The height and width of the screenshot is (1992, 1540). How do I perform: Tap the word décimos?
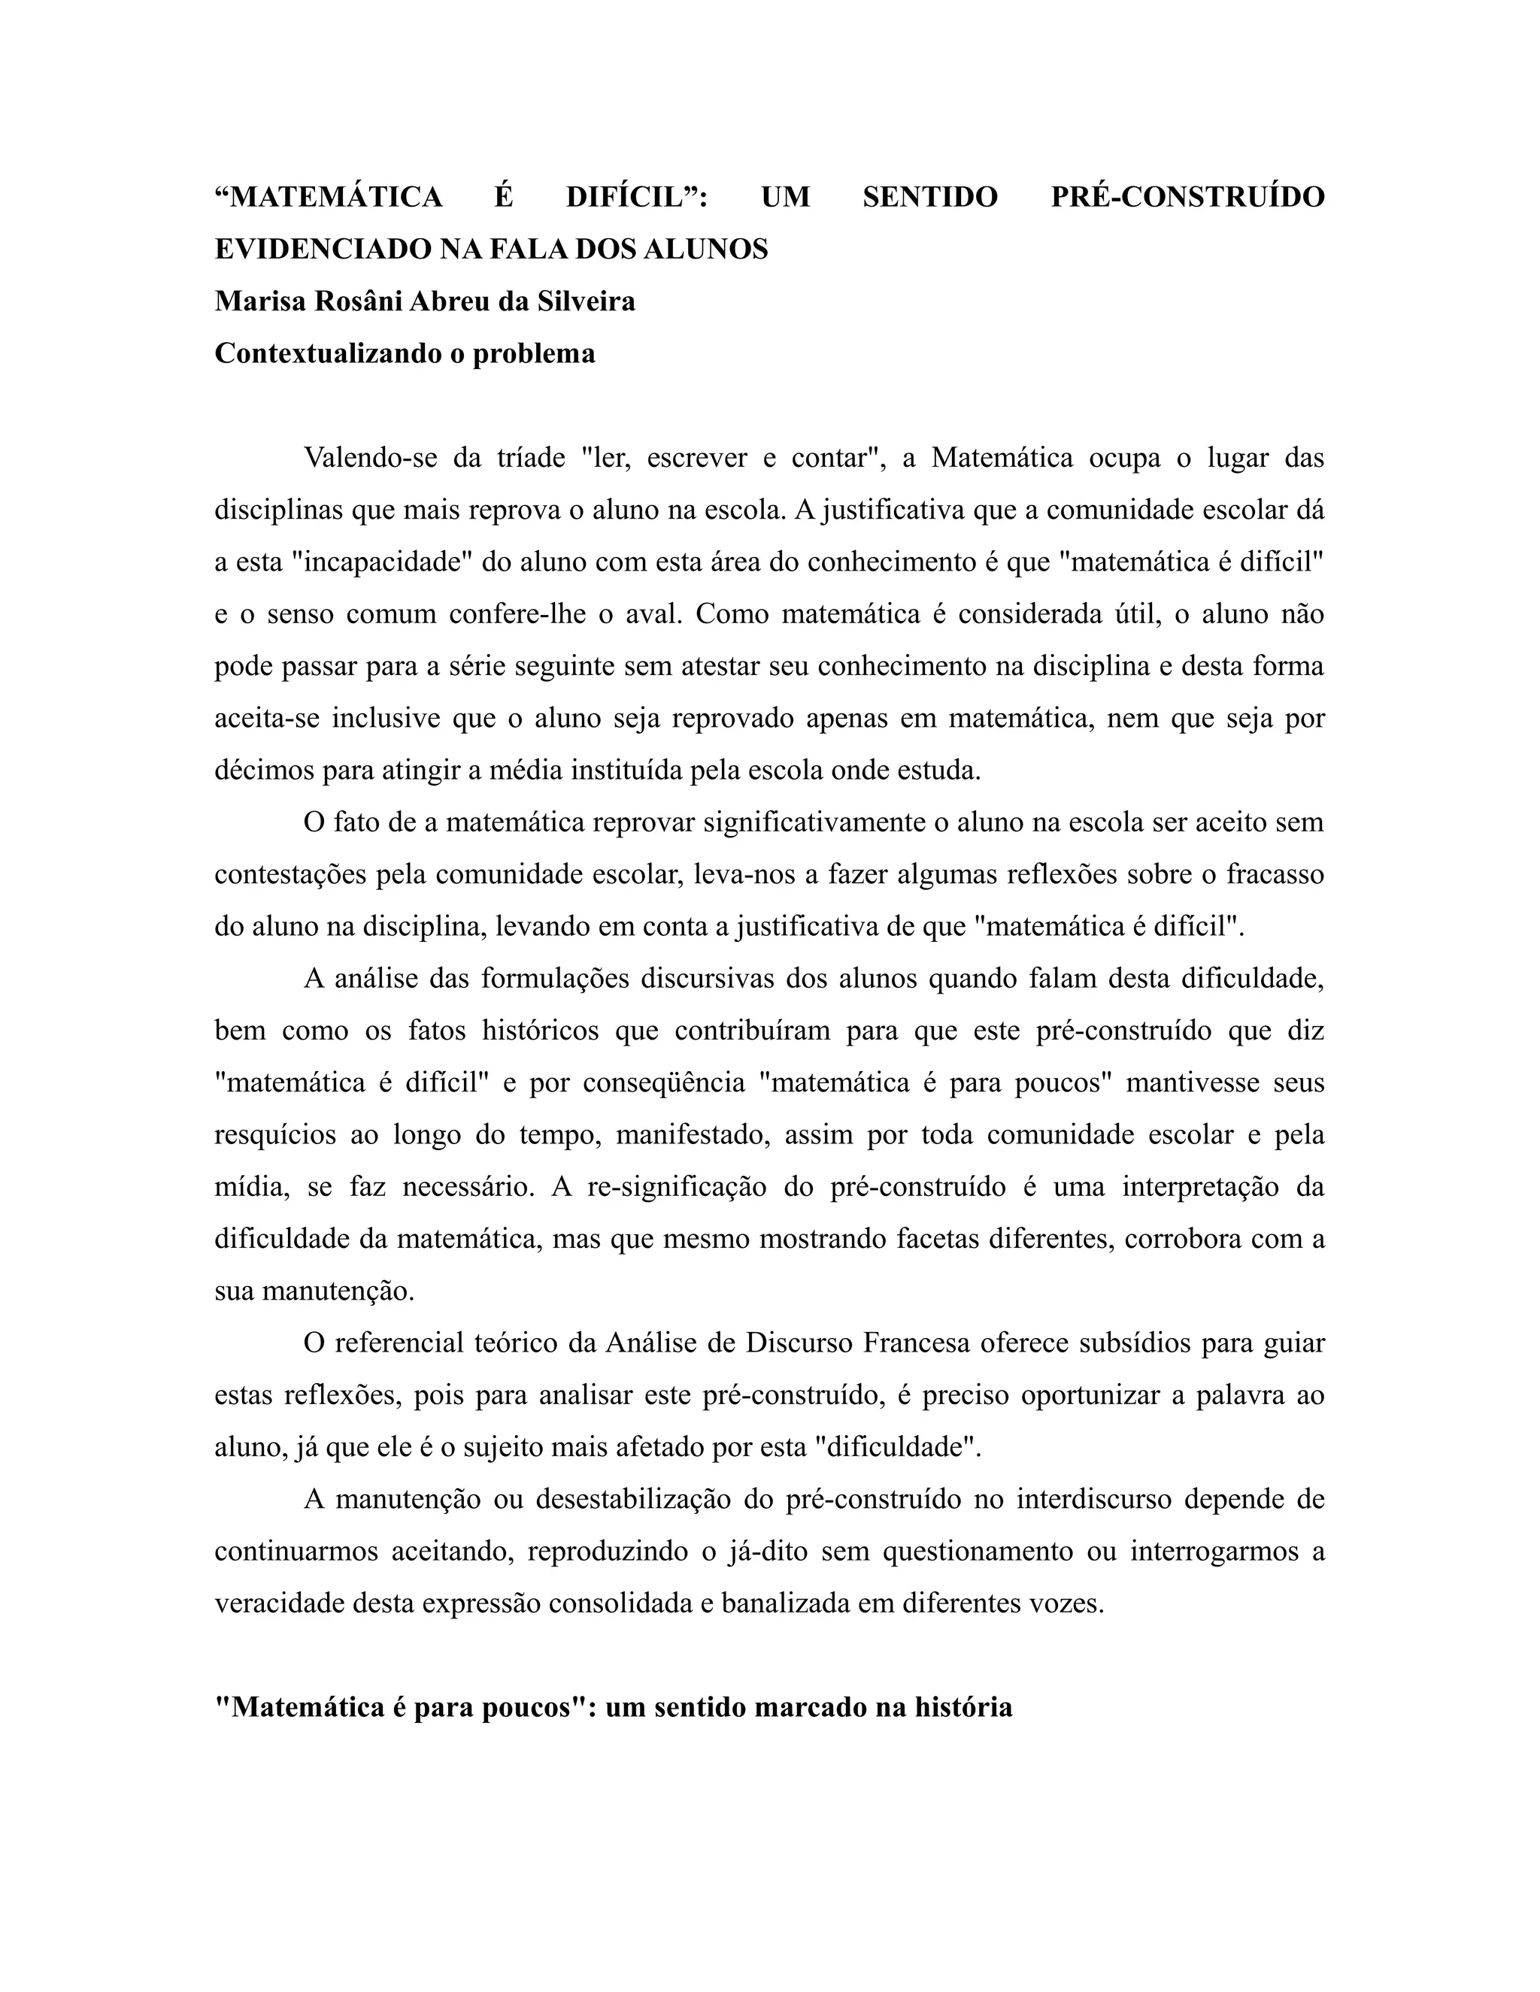coord(260,770)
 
